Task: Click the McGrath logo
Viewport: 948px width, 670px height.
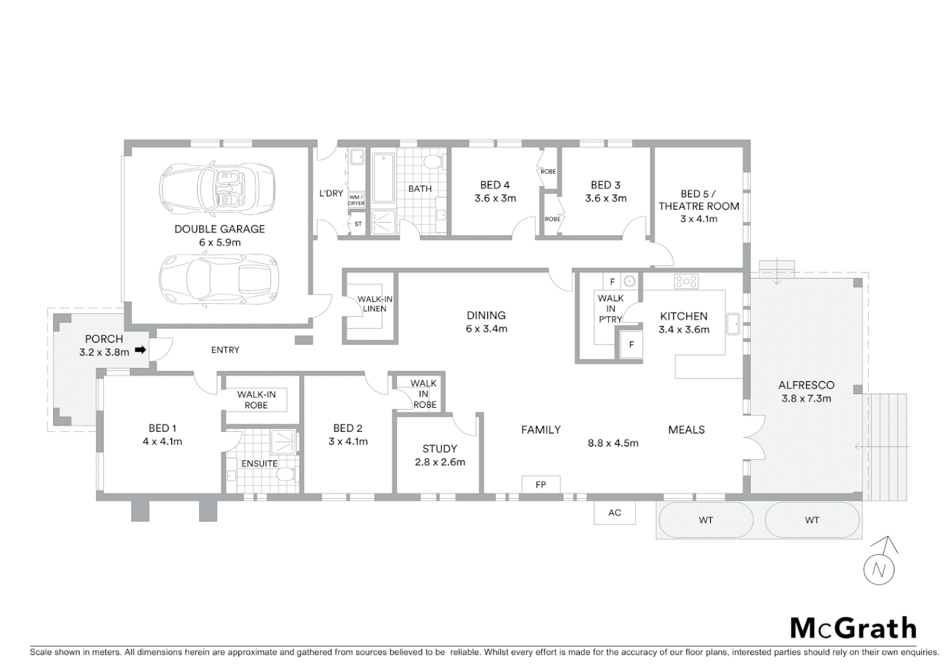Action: pos(853,628)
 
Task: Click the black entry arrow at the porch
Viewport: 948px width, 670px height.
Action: pos(141,350)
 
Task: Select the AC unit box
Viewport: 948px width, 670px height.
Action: pos(614,512)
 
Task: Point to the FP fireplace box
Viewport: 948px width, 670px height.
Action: pos(540,485)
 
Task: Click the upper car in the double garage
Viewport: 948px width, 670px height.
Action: pos(217,187)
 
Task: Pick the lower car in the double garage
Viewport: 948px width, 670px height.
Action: pos(218,277)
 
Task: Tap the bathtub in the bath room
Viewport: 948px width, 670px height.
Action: pos(383,179)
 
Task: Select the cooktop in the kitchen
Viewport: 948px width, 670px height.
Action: pos(686,281)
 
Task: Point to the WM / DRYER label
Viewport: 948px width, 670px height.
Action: pos(356,200)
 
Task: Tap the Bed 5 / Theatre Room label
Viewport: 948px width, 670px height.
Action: pos(699,200)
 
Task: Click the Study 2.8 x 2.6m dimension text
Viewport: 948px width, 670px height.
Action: pos(440,462)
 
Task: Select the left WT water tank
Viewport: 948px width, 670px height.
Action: pos(705,520)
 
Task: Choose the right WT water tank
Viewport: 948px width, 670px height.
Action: pos(812,520)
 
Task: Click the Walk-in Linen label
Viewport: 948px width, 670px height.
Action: pos(375,304)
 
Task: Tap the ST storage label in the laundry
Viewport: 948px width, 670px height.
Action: pos(358,224)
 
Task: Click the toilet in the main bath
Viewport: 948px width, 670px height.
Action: pos(432,163)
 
